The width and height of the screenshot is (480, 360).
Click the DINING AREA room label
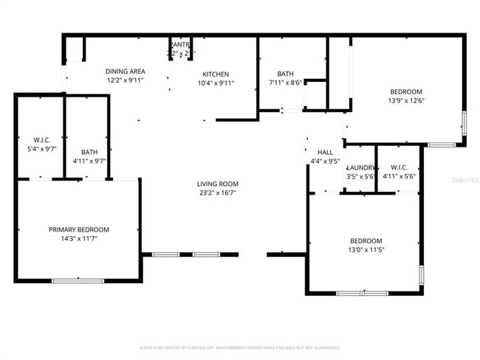tap(125, 71)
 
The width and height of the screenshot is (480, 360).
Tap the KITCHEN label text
tap(216, 74)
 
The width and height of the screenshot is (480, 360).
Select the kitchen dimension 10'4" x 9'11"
tap(216, 83)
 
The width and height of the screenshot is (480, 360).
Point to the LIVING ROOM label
tap(217, 184)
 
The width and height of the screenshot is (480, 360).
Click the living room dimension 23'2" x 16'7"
tap(217, 193)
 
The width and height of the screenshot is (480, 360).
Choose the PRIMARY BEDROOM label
tap(79, 229)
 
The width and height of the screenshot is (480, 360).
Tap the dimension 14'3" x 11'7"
tap(79, 238)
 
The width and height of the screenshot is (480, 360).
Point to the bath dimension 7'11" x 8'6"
tap(285, 83)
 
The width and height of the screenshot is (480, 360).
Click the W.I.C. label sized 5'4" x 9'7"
tap(41, 140)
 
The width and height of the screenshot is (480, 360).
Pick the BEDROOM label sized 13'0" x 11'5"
tap(366, 241)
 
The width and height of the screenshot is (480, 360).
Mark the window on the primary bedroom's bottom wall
tap(78, 280)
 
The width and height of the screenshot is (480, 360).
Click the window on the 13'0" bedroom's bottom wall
tap(362, 294)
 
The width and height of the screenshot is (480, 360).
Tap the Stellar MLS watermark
tap(463, 179)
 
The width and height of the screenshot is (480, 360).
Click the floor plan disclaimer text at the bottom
tap(239, 347)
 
